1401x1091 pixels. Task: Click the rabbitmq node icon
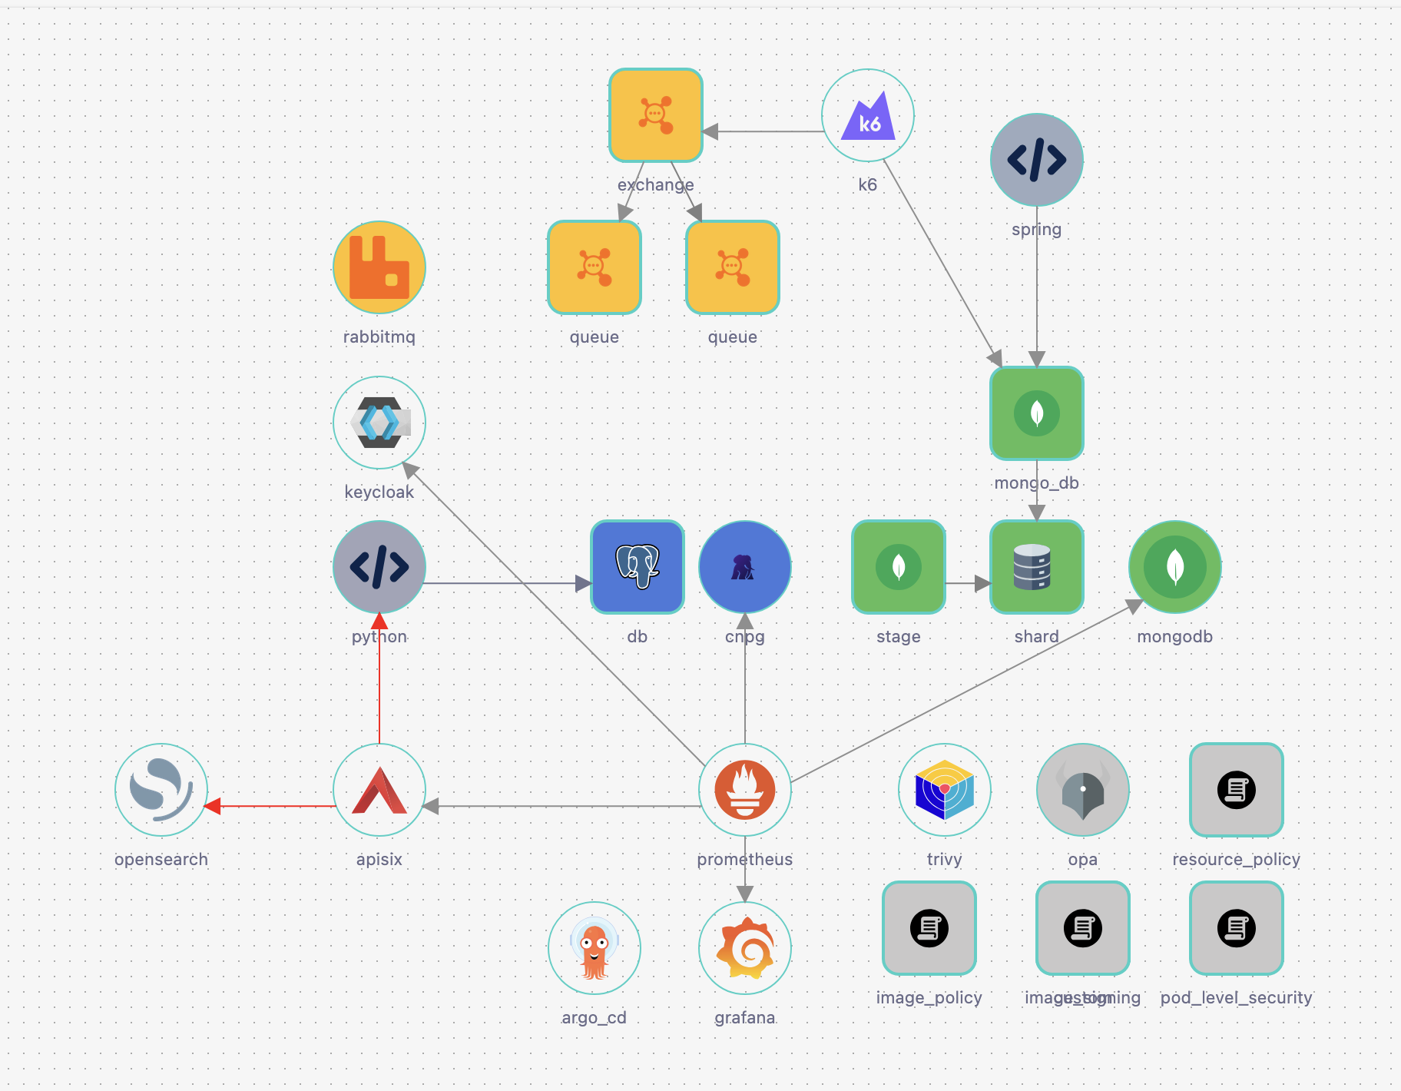379,267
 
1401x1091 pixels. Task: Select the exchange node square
656,115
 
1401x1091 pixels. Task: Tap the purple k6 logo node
868,115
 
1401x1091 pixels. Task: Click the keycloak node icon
379,423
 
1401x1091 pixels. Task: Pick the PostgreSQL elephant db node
638,567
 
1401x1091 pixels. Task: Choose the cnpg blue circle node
745,567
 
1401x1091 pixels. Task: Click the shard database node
1037,567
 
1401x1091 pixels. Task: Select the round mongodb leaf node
1175,567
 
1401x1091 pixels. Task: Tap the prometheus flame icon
745,790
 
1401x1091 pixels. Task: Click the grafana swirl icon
745,948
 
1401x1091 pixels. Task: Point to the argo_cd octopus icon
595,948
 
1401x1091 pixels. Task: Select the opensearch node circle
161,790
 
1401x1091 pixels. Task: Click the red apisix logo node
379,790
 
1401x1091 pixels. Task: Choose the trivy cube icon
945,790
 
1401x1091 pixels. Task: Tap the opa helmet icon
1083,790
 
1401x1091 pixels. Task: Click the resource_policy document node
1237,790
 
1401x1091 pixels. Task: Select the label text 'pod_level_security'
1237,997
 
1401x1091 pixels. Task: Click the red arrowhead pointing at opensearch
213,806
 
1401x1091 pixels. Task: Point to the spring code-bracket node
1037,160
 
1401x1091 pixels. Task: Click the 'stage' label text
899,636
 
